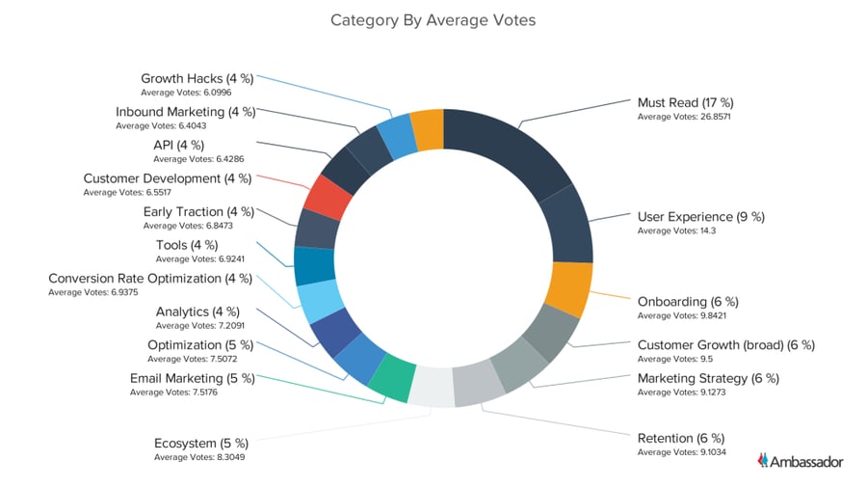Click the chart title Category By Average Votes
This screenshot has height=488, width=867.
[433, 19]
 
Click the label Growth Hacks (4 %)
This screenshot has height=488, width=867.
[197, 79]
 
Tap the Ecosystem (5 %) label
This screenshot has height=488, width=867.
[201, 444]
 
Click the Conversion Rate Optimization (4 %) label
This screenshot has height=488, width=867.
[150, 279]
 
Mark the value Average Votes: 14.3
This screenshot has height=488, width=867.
[676, 230]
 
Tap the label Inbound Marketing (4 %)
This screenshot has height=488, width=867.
[185, 112]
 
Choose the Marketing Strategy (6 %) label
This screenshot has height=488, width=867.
[708, 377]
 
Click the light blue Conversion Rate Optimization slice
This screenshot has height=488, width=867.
[319, 301]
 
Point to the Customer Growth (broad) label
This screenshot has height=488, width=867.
[726, 344]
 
